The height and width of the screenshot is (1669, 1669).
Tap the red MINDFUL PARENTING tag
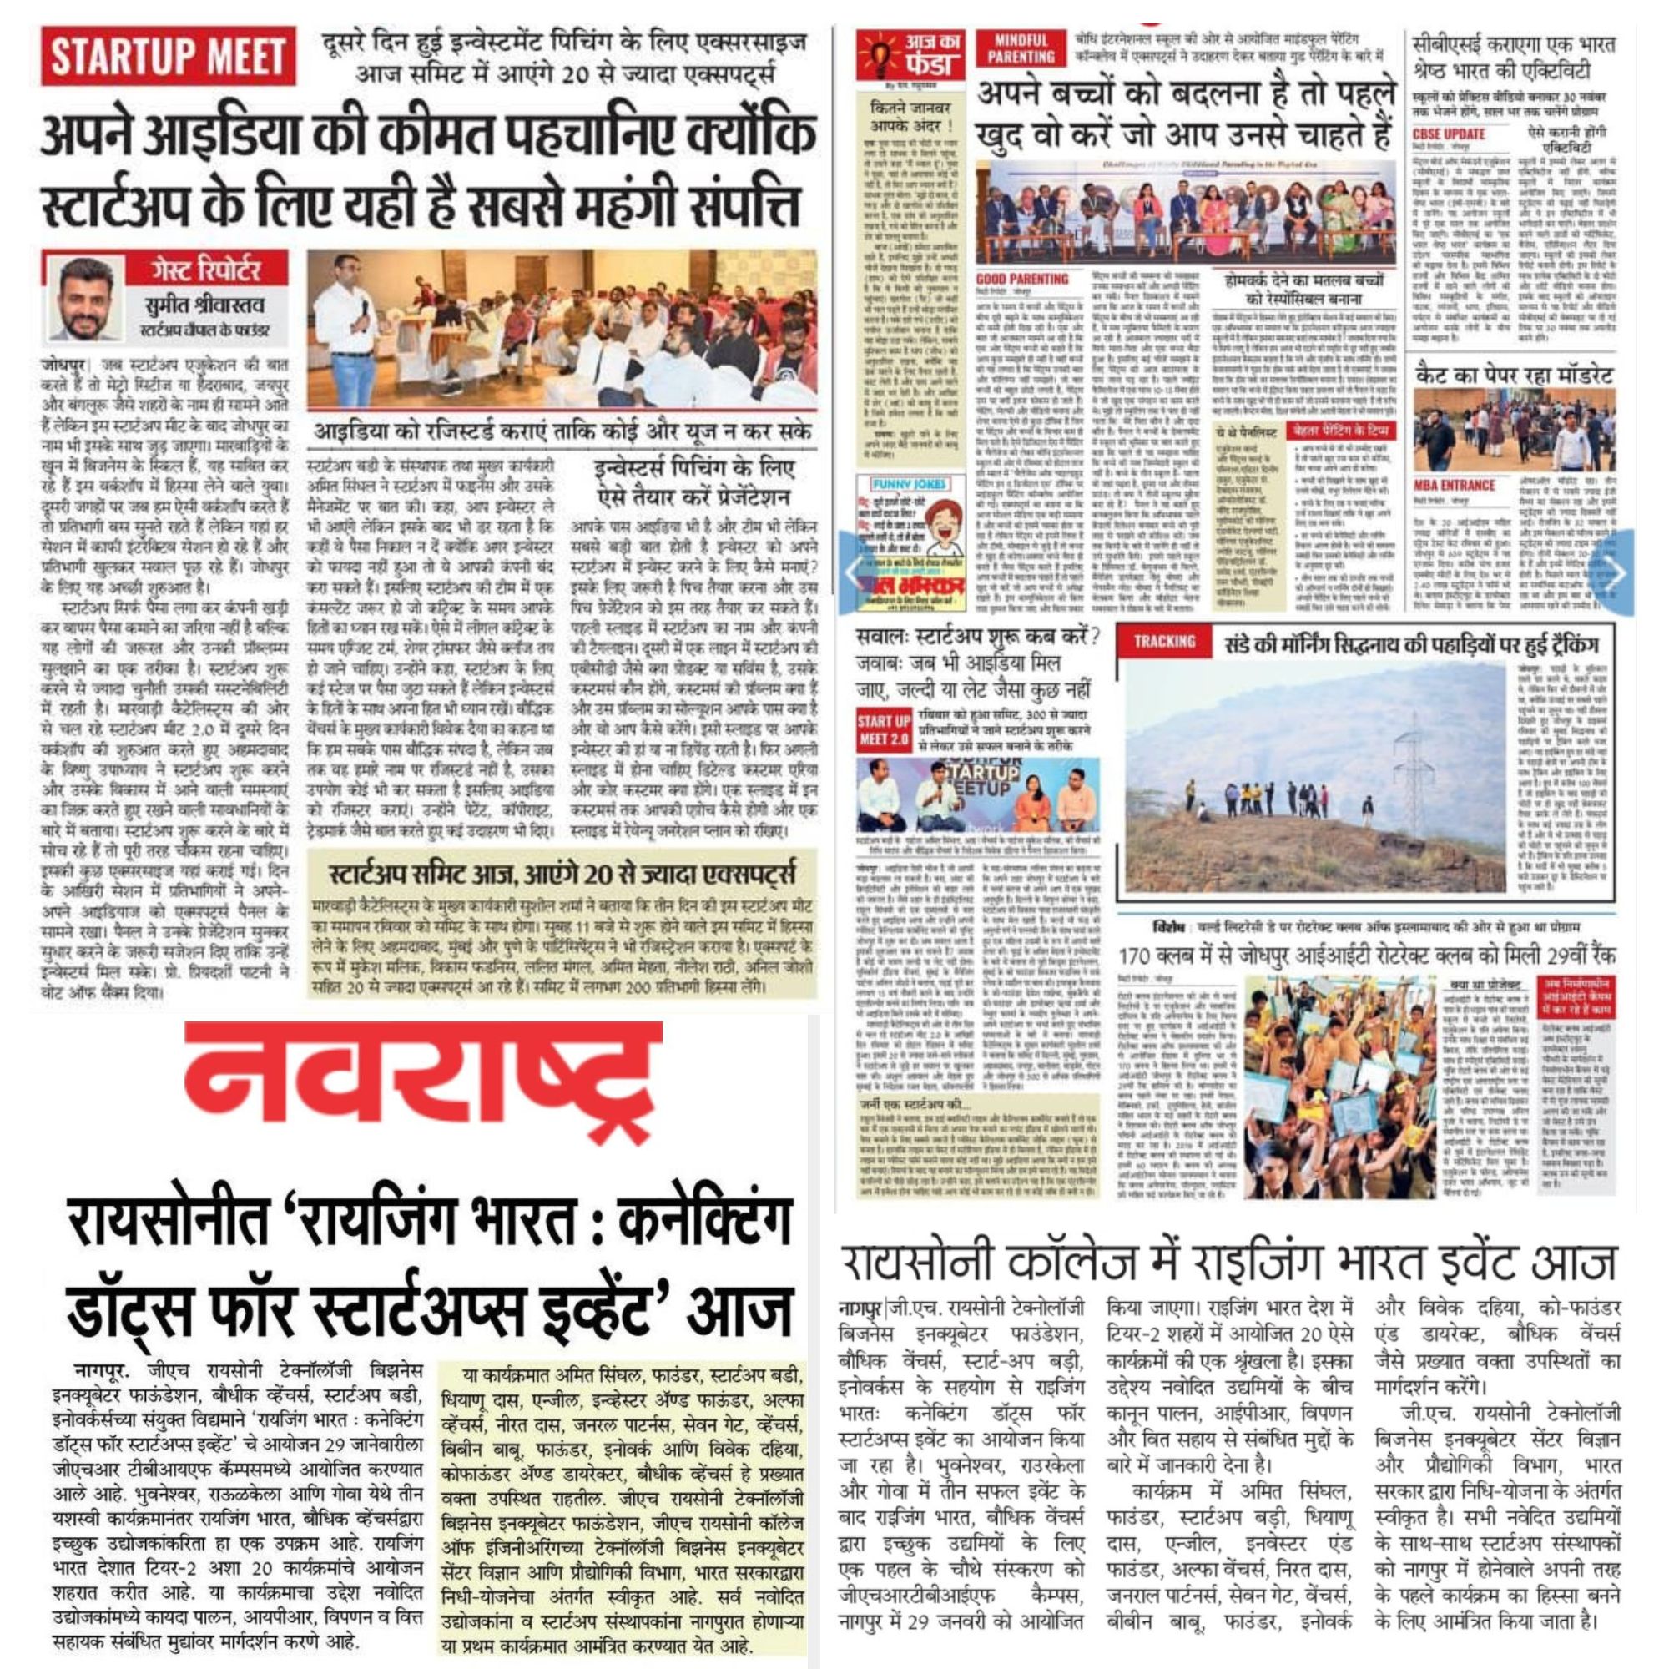[1021, 49]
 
